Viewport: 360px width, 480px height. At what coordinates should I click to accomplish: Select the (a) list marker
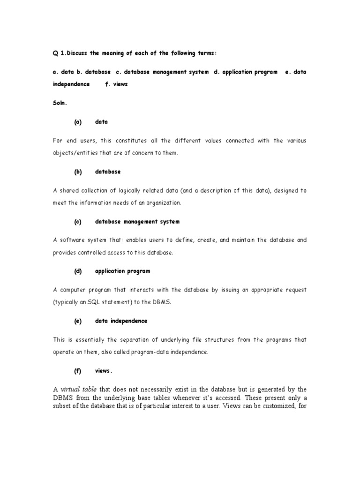pos(78,122)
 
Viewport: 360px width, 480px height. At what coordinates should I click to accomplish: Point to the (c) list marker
pos(78,221)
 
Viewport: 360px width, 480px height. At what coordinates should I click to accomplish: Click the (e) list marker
pos(78,321)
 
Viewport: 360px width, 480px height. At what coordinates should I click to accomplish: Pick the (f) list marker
pos(78,370)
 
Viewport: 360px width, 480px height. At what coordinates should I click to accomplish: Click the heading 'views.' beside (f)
pos(104,370)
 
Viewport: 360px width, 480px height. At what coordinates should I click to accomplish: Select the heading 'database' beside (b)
pos(108,172)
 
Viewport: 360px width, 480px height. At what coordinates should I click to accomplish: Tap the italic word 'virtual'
pos(71,389)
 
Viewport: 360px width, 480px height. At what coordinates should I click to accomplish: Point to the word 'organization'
pos(165,203)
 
